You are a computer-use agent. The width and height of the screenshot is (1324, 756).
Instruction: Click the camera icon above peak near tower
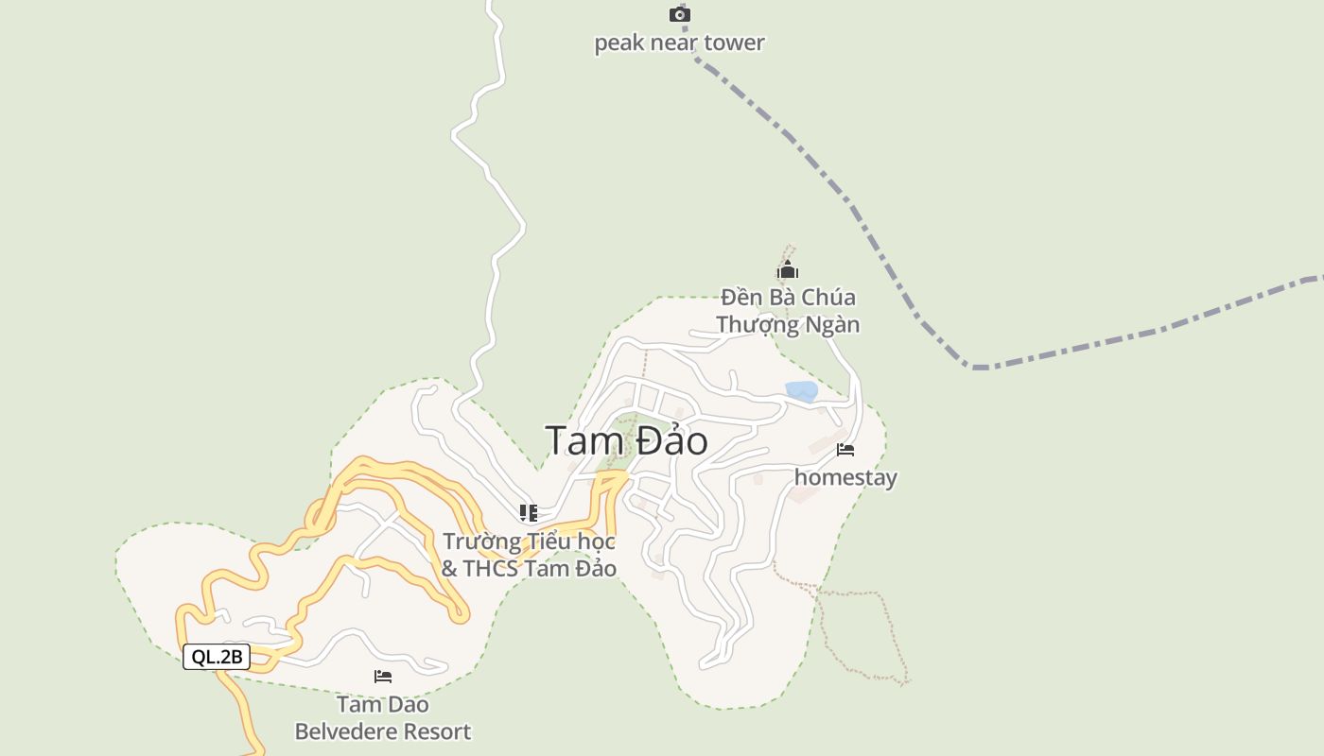[680, 14]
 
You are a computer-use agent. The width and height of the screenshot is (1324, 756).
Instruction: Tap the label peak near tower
[679, 43]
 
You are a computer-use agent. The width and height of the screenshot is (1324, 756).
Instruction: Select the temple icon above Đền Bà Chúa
[788, 272]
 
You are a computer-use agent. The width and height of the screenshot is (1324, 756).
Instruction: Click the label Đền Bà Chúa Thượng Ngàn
[788, 311]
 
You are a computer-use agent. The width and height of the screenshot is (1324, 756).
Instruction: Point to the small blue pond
[801, 390]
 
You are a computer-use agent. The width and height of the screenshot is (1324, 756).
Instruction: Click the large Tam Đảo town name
[626, 440]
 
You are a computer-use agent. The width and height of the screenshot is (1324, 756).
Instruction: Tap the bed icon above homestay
[845, 450]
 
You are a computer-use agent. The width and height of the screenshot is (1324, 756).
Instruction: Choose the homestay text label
[845, 477]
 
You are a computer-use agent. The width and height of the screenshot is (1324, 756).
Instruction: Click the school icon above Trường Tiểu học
[529, 513]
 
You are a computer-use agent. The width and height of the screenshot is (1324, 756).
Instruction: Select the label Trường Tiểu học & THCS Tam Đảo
[529, 555]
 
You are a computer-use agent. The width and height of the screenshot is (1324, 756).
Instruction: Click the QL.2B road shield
[217, 657]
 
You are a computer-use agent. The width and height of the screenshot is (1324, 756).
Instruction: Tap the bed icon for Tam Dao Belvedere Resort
[383, 677]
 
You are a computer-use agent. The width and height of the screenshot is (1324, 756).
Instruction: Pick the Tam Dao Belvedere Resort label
[383, 718]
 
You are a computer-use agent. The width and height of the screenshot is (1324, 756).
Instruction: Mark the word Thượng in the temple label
[757, 325]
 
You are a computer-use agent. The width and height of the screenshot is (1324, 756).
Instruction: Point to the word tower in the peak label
[733, 43]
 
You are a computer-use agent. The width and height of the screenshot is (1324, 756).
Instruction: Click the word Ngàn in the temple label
[832, 325]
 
